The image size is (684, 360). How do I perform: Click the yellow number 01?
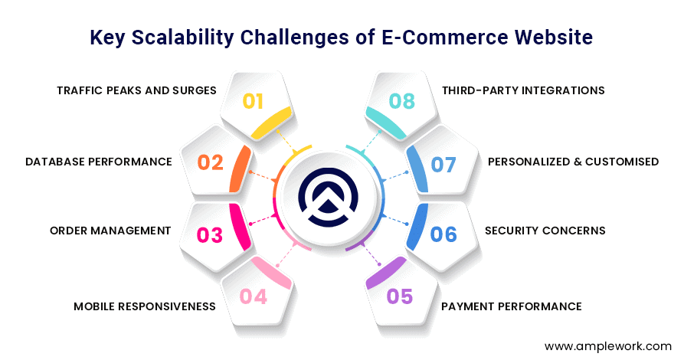[253, 101]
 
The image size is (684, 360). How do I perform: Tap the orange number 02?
[211, 162]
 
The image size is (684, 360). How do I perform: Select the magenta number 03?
[210, 235]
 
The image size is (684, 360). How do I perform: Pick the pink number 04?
[254, 296]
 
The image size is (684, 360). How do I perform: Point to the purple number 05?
[400, 296]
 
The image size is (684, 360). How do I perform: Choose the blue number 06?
[443, 234]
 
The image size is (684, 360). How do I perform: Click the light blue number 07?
[443, 165]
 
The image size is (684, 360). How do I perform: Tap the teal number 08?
[402, 101]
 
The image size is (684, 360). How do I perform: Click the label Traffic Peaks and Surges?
[136, 90]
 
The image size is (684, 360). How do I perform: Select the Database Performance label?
[99, 162]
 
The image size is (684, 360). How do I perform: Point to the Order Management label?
[110, 231]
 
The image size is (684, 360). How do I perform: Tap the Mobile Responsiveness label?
[145, 306]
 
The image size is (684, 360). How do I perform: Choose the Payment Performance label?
[511, 306]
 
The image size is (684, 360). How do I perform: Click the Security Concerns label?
[545, 231]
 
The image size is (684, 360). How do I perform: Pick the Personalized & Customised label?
[573, 162]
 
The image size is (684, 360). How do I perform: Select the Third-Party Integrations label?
[523, 90]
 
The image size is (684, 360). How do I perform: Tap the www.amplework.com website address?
[608, 346]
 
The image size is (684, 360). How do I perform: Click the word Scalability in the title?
[183, 38]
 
